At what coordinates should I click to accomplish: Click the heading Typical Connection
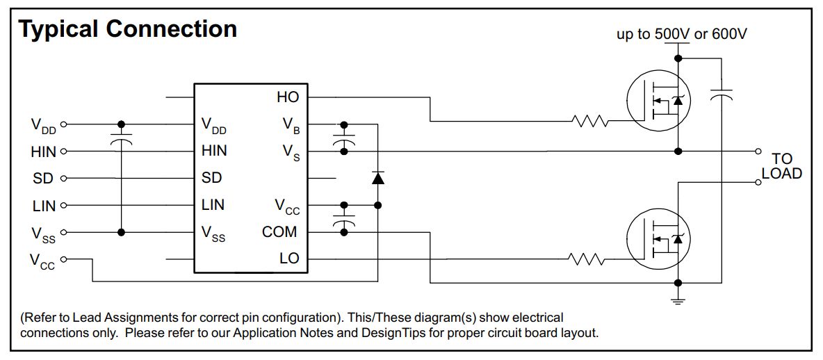[127, 29]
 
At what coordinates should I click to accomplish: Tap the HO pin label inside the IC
[287, 97]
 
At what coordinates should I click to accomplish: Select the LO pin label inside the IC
[288, 259]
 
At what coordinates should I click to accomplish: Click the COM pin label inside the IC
[279, 232]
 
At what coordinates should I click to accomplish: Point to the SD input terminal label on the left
[43, 179]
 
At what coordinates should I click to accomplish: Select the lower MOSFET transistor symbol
[658, 240]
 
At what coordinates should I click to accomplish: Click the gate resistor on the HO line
[589, 122]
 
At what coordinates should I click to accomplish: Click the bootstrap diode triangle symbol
[377, 178]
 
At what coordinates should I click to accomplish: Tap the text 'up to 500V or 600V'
[682, 34]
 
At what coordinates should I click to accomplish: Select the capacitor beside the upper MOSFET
[722, 95]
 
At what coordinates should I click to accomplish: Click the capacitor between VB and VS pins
[342, 138]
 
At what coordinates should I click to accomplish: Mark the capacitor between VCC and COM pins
[342, 219]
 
